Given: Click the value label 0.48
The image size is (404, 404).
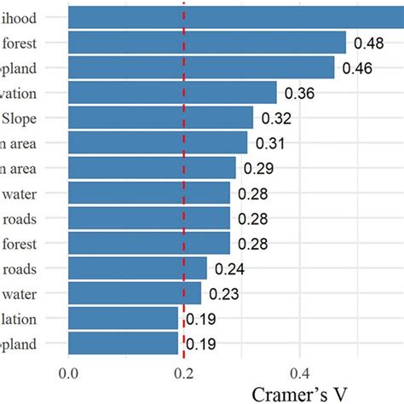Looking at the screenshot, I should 370,43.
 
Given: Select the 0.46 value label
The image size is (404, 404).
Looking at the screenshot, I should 359,68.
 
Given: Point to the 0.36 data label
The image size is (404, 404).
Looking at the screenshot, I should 301,93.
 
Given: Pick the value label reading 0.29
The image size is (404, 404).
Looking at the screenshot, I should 260,168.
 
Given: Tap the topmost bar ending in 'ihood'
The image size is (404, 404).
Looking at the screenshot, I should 230,17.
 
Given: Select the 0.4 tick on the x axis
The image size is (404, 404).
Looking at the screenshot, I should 299,373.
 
